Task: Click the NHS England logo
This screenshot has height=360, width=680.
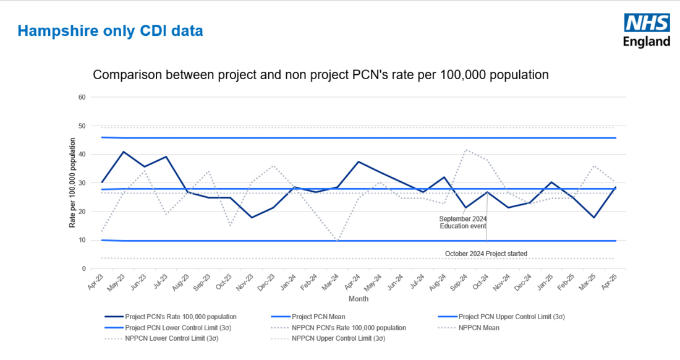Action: [x=646, y=31]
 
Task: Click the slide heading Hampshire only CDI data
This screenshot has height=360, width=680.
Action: [x=110, y=30]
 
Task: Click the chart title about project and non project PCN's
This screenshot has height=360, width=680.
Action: [x=321, y=75]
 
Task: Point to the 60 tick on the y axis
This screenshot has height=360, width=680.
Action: [x=82, y=97]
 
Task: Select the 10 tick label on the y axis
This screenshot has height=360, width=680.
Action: [x=82, y=240]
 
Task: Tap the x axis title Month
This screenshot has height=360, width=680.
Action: [x=359, y=299]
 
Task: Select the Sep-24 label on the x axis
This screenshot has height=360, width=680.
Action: [x=462, y=283]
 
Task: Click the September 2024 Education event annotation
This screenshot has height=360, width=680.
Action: [x=463, y=223]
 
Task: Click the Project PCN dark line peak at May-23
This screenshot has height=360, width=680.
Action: [x=124, y=152]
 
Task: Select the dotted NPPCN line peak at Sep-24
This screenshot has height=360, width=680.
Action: [x=465, y=149]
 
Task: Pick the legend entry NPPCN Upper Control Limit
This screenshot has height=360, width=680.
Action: [x=339, y=338]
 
